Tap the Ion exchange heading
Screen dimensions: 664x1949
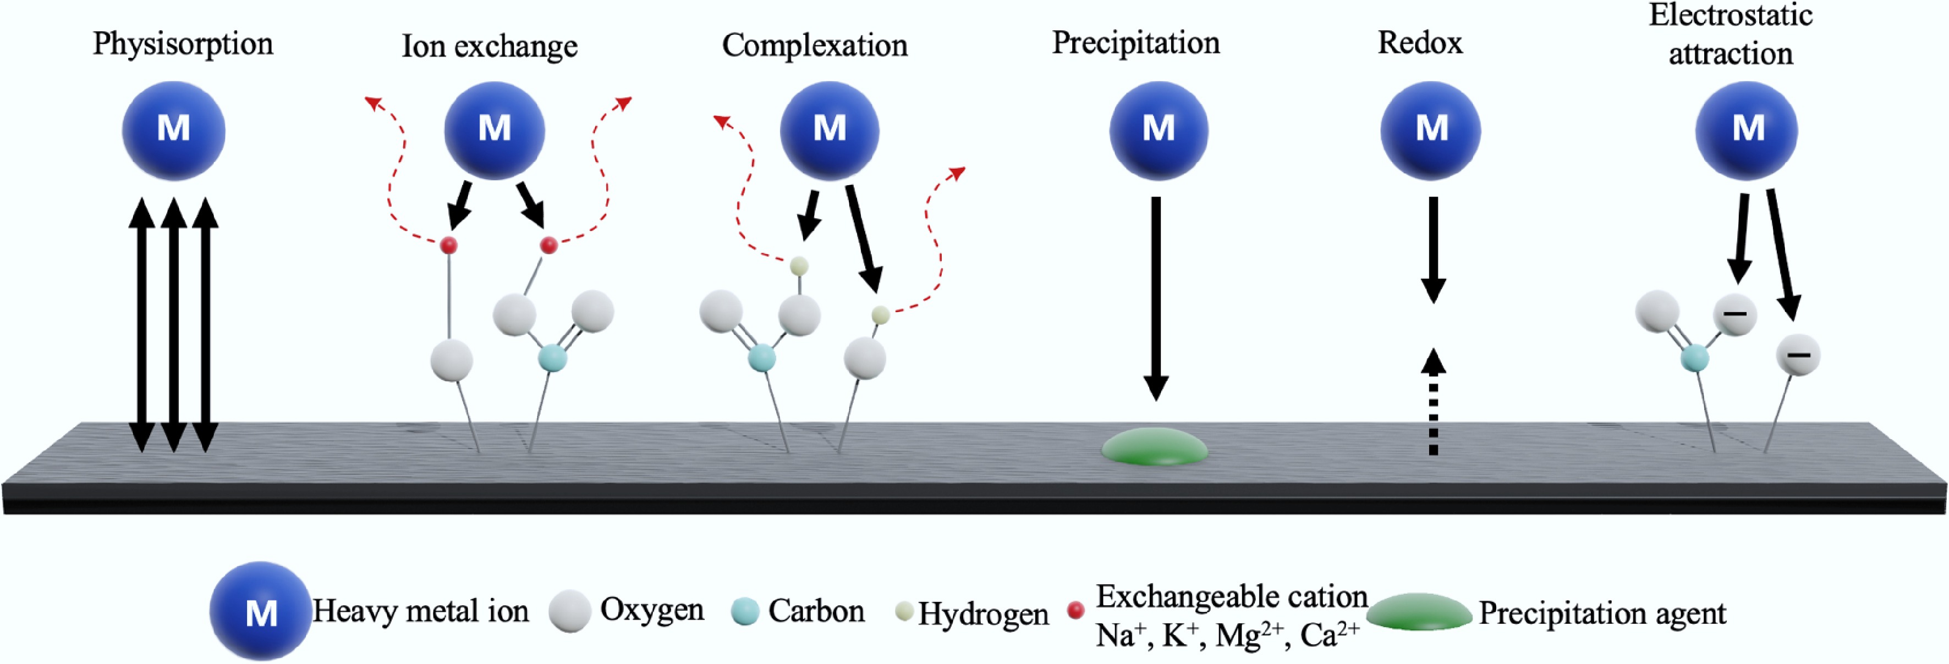[x=489, y=46]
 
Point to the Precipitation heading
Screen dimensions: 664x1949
[x=1135, y=42]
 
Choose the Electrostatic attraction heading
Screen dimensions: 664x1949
[x=1731, y=34]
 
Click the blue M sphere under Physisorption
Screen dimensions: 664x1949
[x=173, y=130]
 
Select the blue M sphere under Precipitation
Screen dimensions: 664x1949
[x=1159, y=130]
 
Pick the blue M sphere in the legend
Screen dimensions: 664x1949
[x=260, y=611]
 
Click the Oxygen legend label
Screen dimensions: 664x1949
[x=651, y=609]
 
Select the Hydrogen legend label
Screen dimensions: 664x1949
[x=983, y=613]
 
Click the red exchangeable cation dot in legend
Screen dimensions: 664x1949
[x=1075, y=610]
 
